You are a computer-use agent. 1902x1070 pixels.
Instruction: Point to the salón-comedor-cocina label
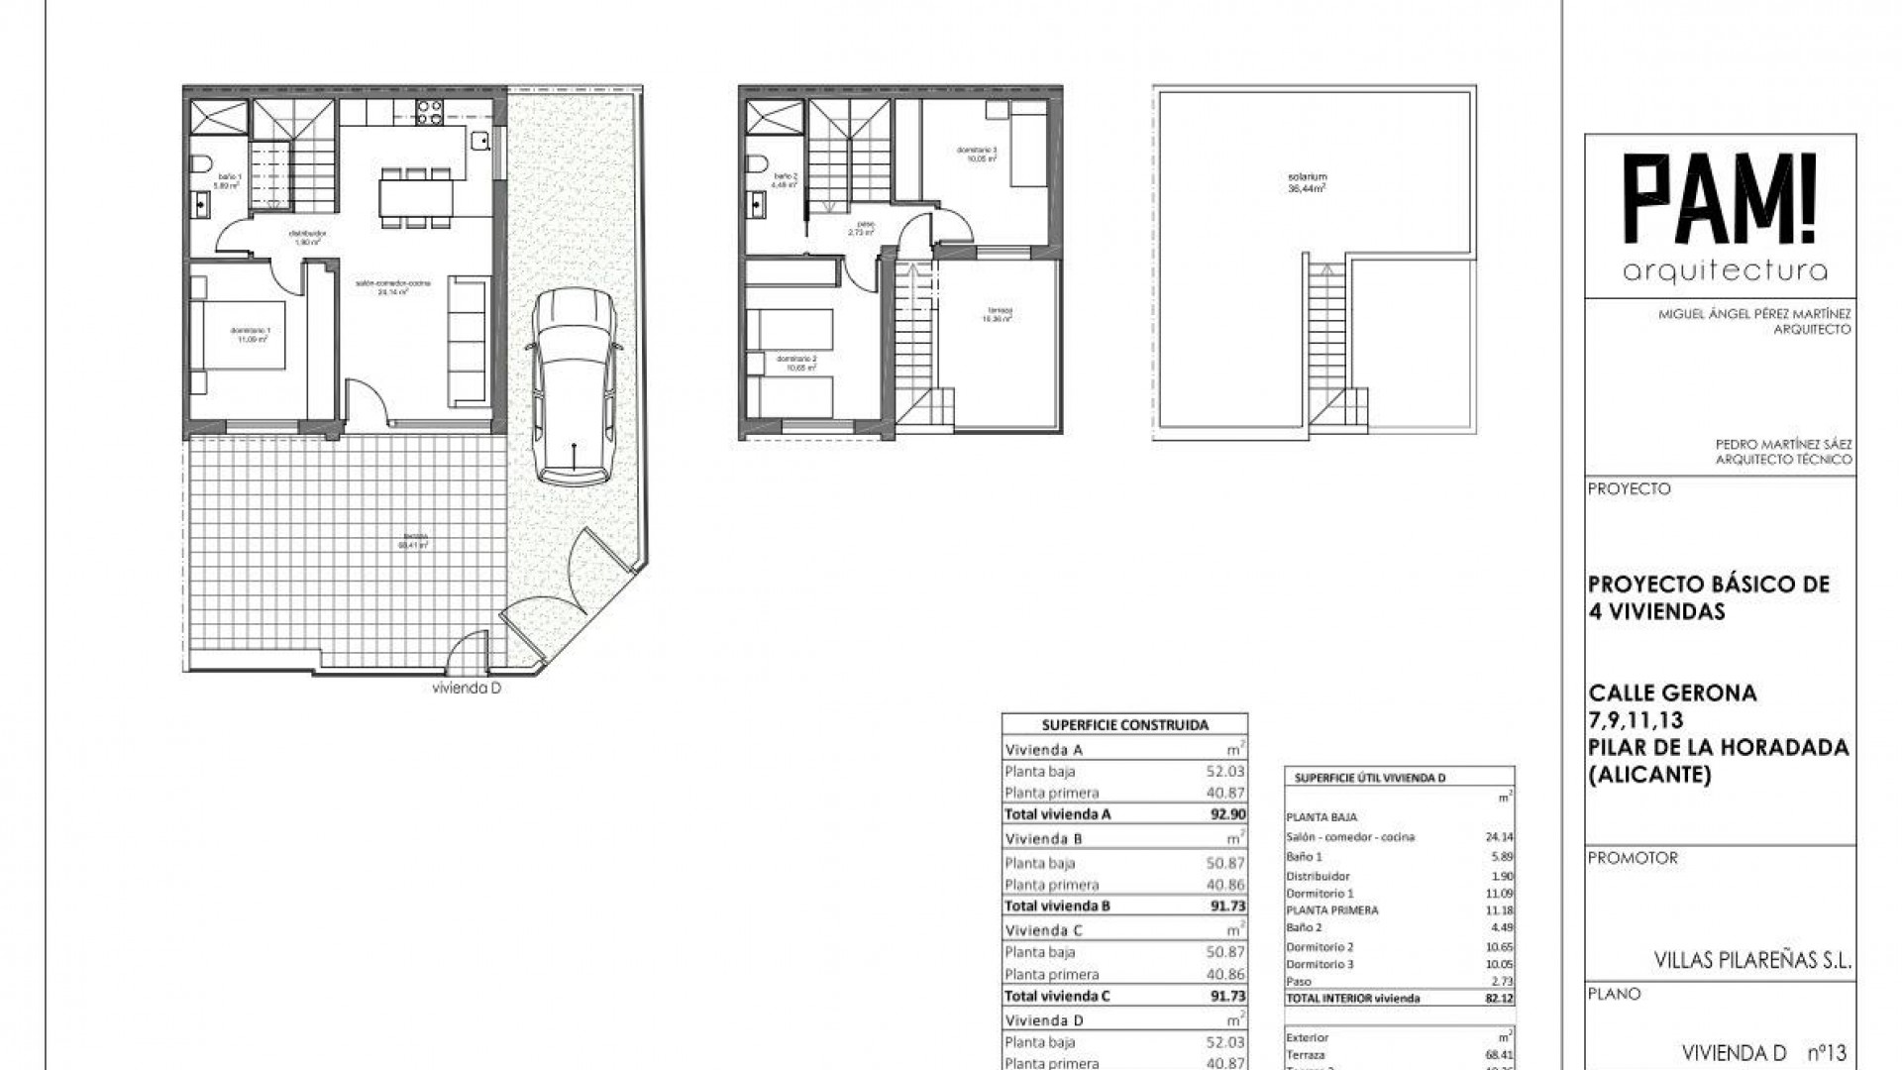coord(394,287)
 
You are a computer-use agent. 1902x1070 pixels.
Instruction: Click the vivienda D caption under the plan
coord(467,689)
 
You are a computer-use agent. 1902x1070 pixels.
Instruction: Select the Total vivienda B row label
coord(1057,906)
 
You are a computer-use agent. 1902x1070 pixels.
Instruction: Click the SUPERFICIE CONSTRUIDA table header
coord(1124,725)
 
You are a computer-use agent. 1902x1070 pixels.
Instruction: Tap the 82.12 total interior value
coord(1497,999)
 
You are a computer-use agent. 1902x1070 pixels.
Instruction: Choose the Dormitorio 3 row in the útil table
coord(1320,964)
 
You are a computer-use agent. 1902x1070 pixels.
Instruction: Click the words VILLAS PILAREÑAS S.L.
coord(1752,960)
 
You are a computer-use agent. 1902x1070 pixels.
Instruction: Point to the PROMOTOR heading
coord(1633,858)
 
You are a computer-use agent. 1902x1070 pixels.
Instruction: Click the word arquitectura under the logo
coord(1725,271)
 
